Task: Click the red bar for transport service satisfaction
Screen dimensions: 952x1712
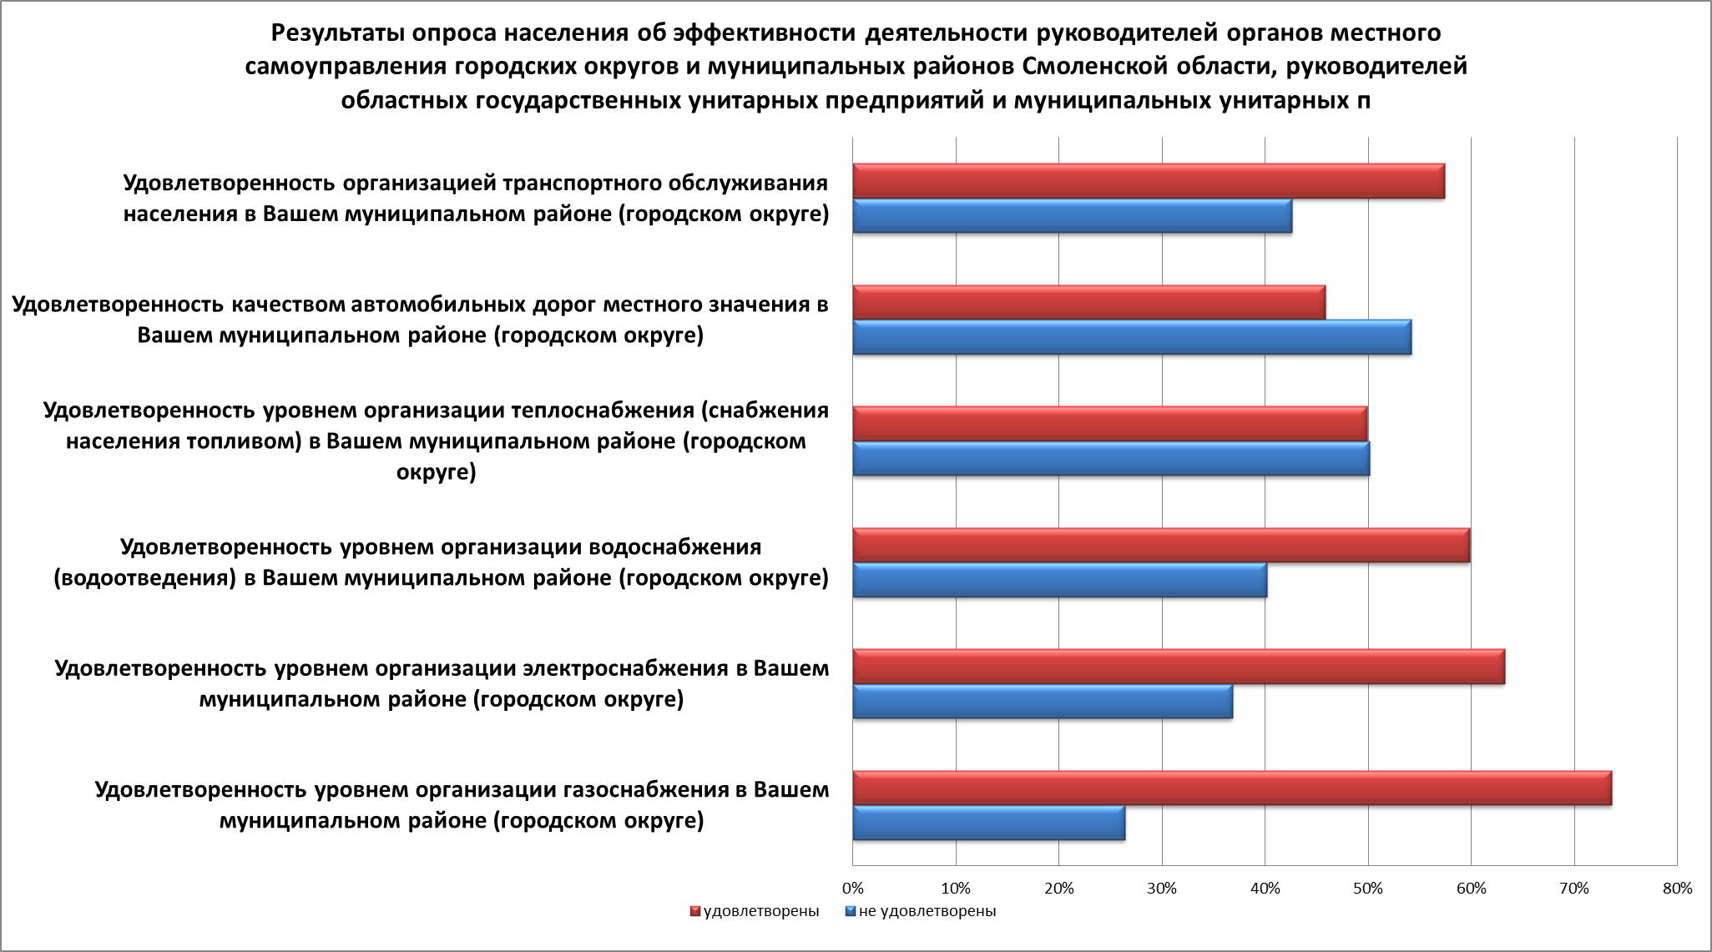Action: point(1148,181)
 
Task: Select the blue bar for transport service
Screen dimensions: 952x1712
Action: point(1072,216)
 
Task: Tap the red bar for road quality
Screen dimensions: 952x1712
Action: point(1088,302)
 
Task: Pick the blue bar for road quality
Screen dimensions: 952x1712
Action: point(1131,337)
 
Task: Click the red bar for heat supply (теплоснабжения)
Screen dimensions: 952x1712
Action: point(1109,423)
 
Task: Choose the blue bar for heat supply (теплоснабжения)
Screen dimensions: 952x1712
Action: point(1110,458)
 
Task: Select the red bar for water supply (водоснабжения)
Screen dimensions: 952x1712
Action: point(1160,545)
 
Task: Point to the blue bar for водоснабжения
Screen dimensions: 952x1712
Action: point(1059,580)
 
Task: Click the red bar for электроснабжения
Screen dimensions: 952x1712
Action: point(1178,667)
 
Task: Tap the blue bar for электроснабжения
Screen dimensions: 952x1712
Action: point(1042,701)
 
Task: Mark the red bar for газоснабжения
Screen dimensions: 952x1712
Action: point(1231,788)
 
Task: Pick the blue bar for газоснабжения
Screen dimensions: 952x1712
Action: point(988,824)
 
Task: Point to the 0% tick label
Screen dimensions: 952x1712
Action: point(852,889)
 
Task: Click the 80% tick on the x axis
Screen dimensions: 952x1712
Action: point(1676,889)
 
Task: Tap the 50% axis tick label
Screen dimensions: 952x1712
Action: point(1367,889)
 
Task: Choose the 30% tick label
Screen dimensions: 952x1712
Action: point(1161,889)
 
